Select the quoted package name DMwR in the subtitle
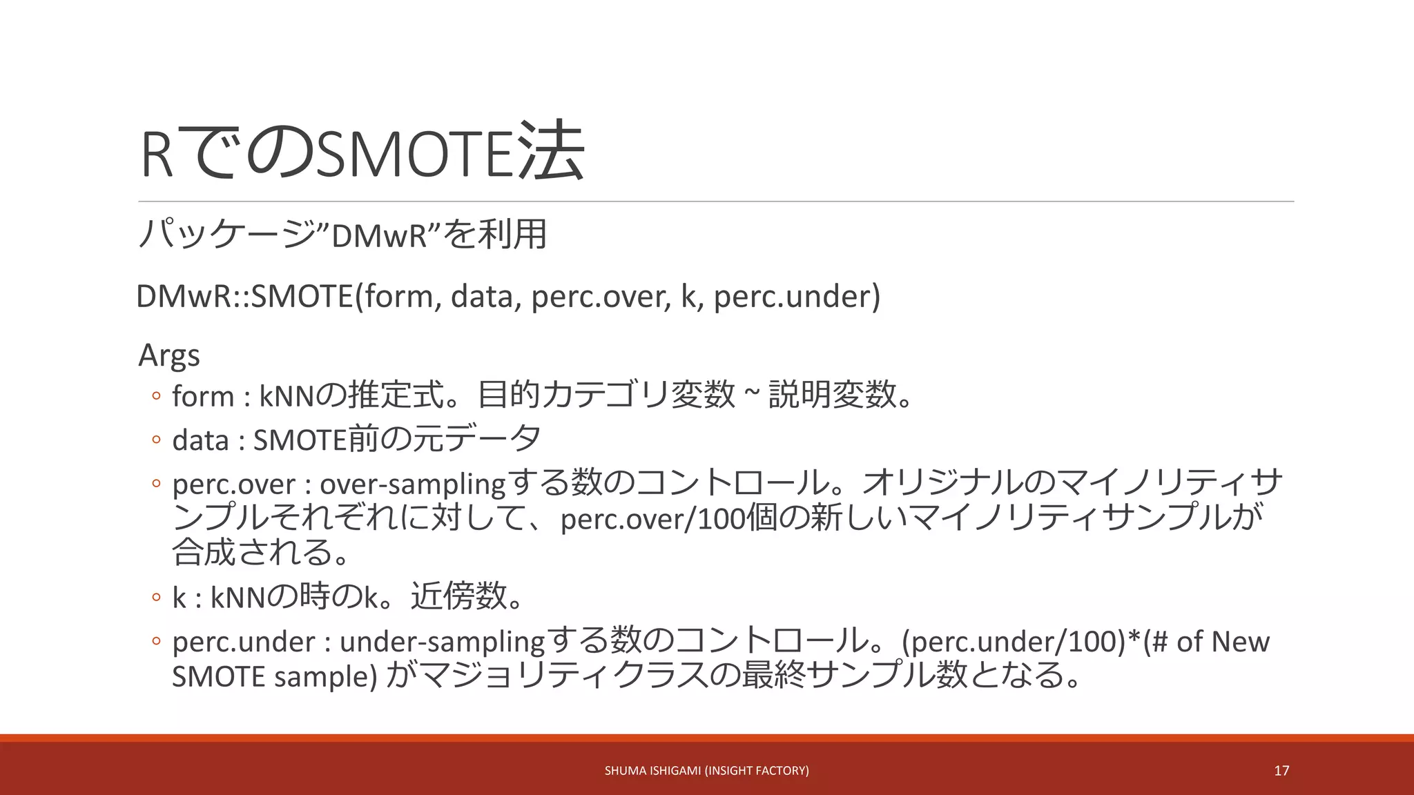(x=380, y=236)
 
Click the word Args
(x=169, y=355)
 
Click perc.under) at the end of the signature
(x=797, y=297)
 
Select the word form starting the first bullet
(x=203, y=397)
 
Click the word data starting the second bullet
(x=200, y=440)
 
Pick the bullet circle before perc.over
(x=156, y=483)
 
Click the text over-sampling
(x=413, y=484)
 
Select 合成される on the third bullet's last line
(x=252, y=552)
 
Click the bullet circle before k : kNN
(x=156, y=597)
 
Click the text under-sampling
(x=443, y=642)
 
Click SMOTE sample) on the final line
(x=275, y=676)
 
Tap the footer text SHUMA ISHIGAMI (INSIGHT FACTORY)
(x=706, y=771)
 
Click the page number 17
(x=1281, y=771)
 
